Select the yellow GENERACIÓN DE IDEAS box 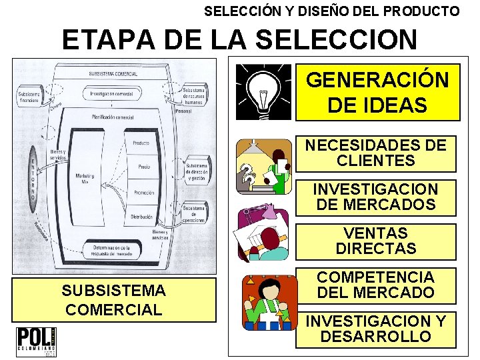[377, 93]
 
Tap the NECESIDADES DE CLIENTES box [376, 153]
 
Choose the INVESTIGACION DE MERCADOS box [376, 197]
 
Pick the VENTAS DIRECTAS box [376, 241]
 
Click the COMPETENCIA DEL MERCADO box [376, 285]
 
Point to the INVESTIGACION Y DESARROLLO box [376, 329]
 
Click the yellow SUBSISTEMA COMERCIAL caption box [113, 300]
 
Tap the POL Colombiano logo [36, 341]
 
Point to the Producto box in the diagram [141, 143]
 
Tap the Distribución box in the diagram [142, 217]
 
